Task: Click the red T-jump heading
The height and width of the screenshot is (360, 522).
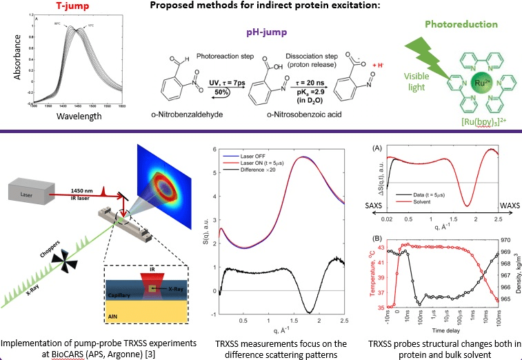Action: point(70,8)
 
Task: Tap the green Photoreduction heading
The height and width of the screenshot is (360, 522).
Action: point(461,24)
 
